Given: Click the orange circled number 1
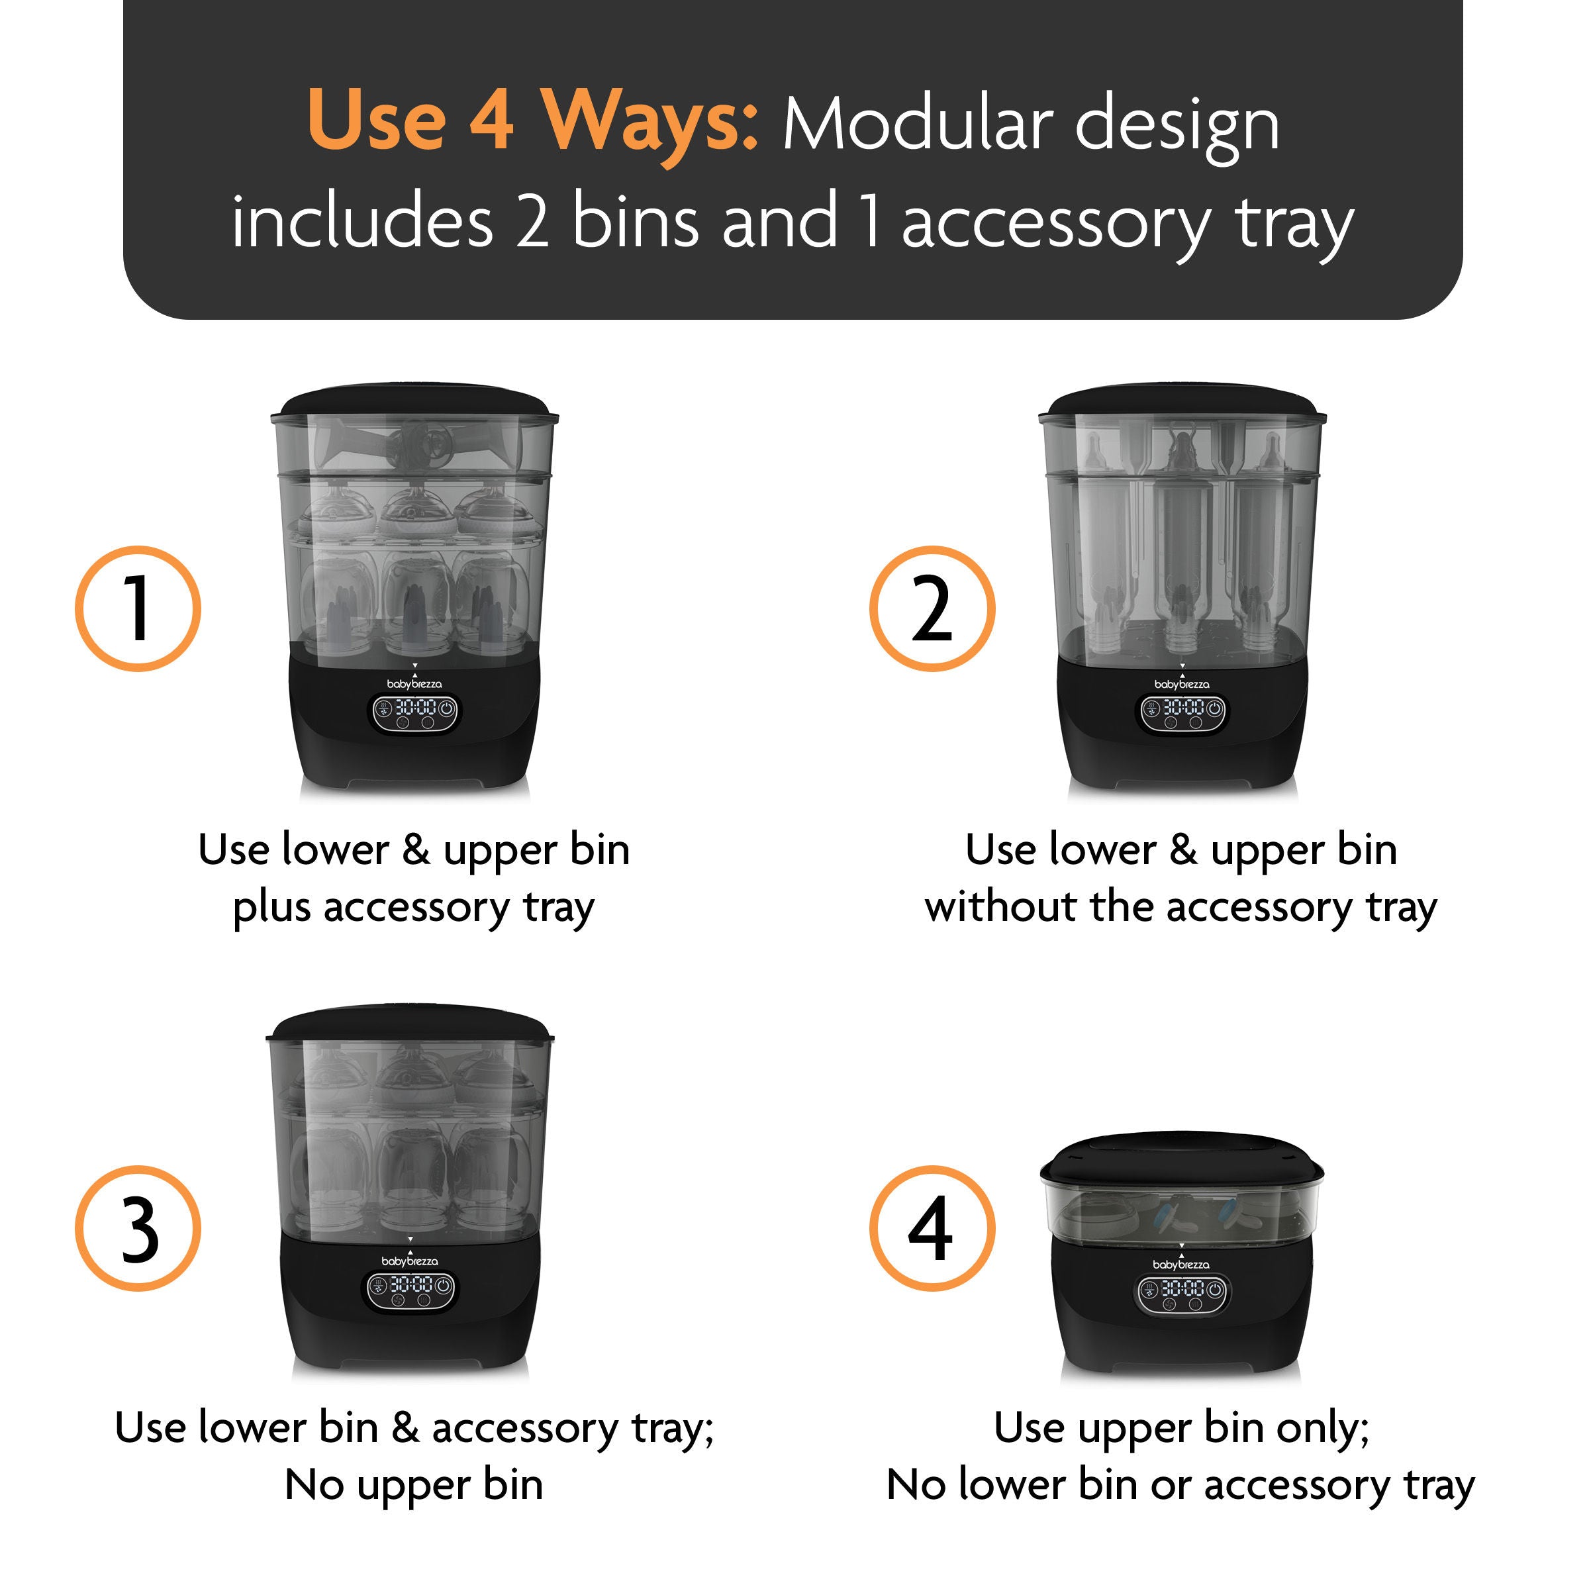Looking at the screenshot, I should point(137,608).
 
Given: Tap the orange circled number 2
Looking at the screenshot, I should point(932,608).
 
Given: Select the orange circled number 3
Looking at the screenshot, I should point(137,1229).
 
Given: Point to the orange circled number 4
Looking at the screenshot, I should point(932,1229).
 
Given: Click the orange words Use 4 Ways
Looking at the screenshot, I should point(532,122).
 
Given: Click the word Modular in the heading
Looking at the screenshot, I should point(919,125).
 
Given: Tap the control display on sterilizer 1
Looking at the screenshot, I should point(415,712).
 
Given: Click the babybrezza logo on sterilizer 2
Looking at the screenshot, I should point(1182,685).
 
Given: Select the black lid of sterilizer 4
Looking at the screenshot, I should point(1182,1161).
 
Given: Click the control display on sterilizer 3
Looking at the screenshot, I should point(410,1290).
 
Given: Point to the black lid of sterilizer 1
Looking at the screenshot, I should point(415,403).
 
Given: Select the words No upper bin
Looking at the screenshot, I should point(414,1485).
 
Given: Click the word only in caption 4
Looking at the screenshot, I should point(1322,1428).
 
